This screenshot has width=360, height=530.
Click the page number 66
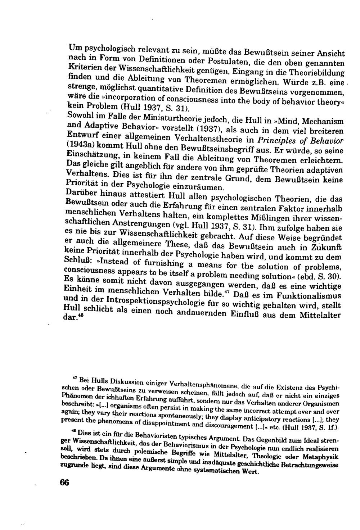click(x=64, y=483)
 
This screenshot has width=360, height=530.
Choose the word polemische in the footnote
click(x=147, y=453)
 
